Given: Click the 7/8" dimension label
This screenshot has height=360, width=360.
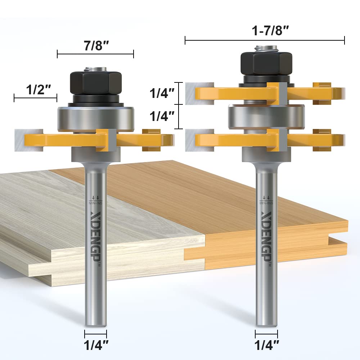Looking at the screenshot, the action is [x=95, y=46].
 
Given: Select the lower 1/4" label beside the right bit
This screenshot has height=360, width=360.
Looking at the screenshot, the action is [x=162, y=116].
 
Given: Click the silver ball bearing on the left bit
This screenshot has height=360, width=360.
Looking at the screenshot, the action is [x=95, y=117].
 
